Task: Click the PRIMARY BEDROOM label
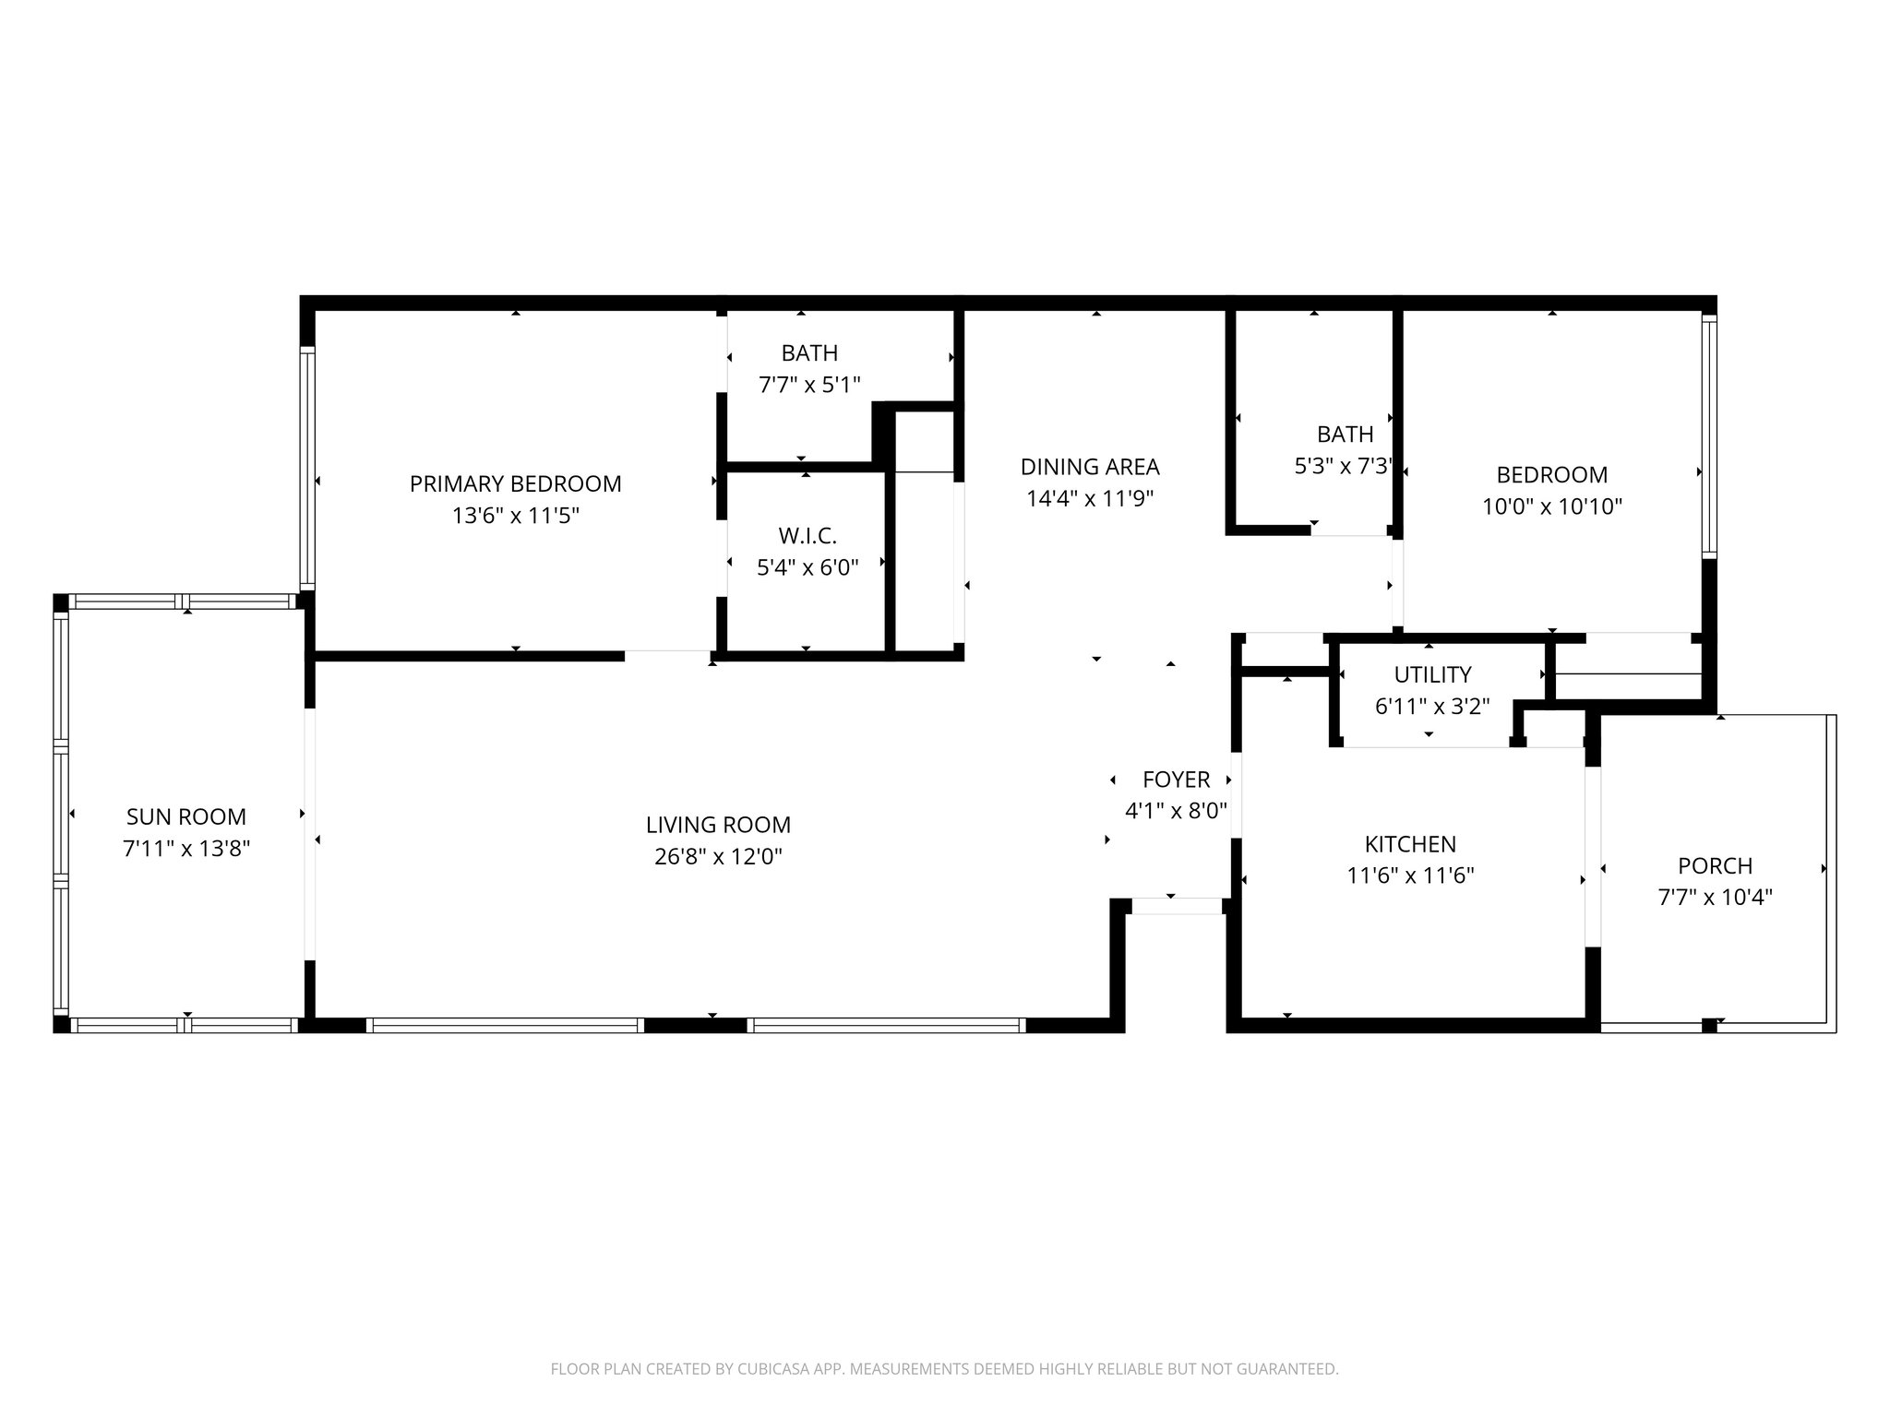[515, 483]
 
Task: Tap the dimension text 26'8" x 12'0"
[718, 857]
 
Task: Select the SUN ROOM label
[186, 816]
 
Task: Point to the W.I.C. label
[807, 536]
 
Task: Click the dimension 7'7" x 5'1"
[809, 385]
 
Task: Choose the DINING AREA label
[1090, 467]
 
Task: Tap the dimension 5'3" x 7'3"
[1344, 466]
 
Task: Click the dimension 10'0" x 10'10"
[1552, 506]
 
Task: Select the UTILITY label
[1432, 674]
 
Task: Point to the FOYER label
[1176, 780]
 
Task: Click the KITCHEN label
[1410, 844]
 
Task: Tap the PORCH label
[1715, 866]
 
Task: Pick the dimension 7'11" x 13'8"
[186, 849]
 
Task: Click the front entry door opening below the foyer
[1177, 907]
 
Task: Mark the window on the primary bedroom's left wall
[307, 468]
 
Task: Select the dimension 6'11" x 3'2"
[1432, 707]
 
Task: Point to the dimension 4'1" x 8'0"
[1176, 811]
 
